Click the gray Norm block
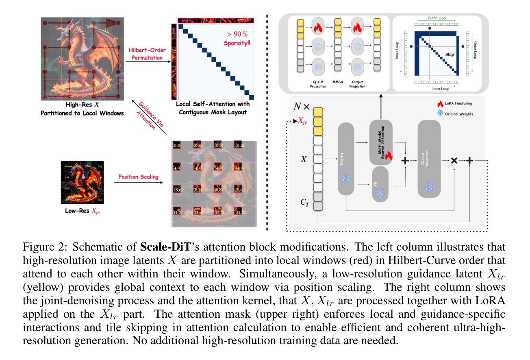(x=346, y=159)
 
